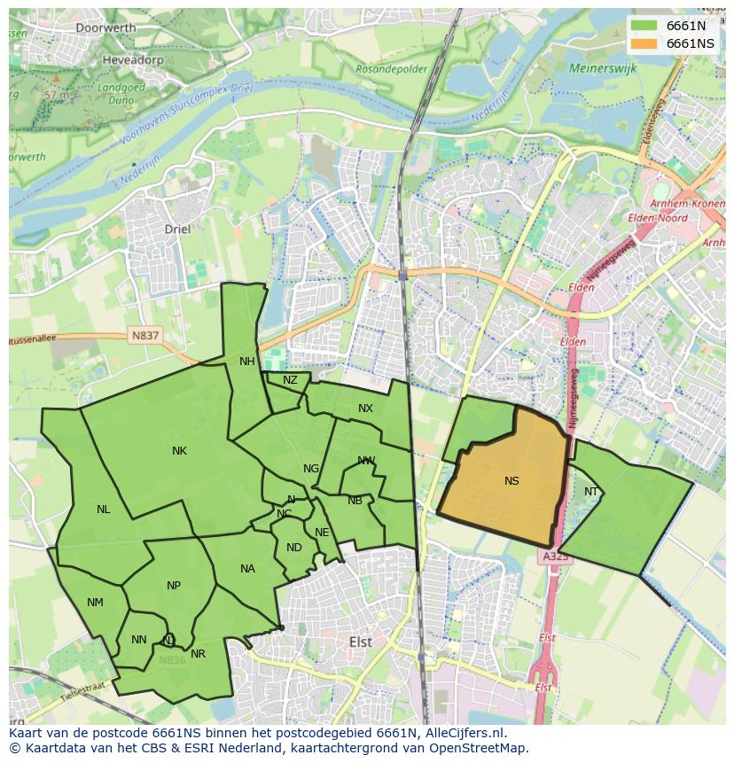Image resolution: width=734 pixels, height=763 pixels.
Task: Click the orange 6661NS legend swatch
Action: point(644,43)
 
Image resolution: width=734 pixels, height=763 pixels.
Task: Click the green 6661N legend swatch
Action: point(644,26)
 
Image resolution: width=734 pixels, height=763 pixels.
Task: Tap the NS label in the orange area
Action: point(511,481)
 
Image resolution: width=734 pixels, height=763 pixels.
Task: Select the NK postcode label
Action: point(179,451)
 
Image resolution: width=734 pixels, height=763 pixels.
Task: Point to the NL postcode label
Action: point(104,510)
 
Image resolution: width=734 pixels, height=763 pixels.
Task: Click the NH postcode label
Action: point(246,362)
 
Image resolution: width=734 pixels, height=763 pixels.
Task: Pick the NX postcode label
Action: point(365,409)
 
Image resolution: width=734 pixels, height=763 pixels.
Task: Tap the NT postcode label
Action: point(591,492)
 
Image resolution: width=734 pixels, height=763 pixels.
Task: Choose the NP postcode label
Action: point(174,586)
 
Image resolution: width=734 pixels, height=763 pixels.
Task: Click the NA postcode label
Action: point(247,569)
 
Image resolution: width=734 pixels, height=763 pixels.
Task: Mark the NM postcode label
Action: point(95,603)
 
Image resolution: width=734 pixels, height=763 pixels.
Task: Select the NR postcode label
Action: point(198,654)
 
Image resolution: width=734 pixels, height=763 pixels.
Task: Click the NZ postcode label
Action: point(290,380)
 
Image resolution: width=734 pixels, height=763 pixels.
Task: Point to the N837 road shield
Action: point(144,336)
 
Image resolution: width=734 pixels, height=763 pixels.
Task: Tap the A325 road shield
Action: point(555,557)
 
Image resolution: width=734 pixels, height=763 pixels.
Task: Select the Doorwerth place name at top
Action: point(105,27)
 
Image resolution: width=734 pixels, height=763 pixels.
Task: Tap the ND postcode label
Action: point(294,548)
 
